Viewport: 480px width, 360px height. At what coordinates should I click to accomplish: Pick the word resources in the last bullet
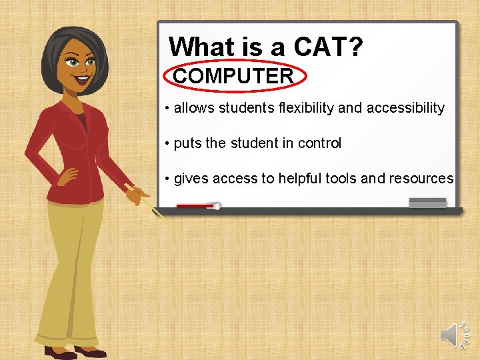point(422,179)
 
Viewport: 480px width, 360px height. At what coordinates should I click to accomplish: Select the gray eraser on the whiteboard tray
point(427,203)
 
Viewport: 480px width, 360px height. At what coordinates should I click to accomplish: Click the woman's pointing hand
point(139,195)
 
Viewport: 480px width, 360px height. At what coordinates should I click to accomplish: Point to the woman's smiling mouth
point(83,78)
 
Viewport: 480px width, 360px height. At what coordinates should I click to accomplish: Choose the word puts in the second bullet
point(188,144)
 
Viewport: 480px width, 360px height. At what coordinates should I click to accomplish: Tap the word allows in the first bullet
point(194,108)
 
